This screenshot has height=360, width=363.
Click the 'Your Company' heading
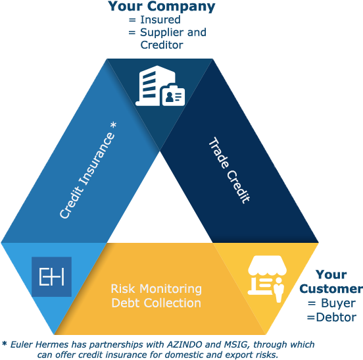[x=161, y=7]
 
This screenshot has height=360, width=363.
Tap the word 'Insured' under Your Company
[x=160, y=20]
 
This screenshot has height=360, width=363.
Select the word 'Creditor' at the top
[x=162, y=45]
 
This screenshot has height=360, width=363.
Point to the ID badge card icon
[x=174, y=95]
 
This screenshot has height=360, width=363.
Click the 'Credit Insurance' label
[x=87, y=175]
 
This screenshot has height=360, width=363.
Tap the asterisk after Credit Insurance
[x=113, y=125]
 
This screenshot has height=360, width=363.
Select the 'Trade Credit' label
[x=230, y=170]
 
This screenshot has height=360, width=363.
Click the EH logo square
[x=51, y=276]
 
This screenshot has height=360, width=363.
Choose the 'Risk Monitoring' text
[x=157, y=289]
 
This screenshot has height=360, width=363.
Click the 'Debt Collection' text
[x=156, y=303]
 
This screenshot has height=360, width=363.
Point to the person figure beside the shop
[x=279, y=290]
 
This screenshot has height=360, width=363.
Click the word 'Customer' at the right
[x=331, y=289]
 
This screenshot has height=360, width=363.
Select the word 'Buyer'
[x=338, y=303]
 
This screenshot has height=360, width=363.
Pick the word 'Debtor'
[x=336, y=317]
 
